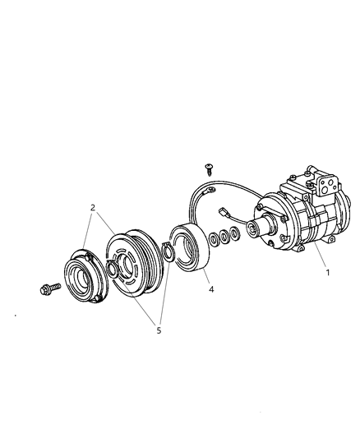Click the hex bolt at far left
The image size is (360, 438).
tap(46, 289)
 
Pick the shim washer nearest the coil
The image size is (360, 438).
tap(214, 239)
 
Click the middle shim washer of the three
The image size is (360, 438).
tap(224, 238)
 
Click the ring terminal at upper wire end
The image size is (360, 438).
tap(213, 194)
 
